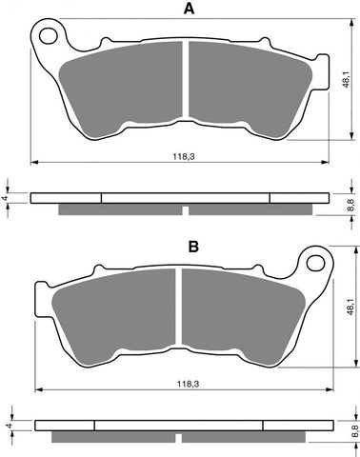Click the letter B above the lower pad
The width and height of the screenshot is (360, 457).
click(193, 247)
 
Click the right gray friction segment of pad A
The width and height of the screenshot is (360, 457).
click(246, 90)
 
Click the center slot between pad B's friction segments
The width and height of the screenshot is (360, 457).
click(177, 314)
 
